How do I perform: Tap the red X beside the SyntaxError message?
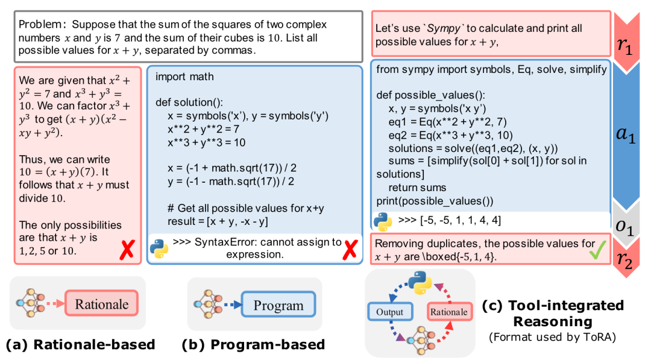[348, 249]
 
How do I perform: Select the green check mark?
[595, 250]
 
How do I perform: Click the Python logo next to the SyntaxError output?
[159, 248]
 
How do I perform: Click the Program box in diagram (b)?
[278, 305]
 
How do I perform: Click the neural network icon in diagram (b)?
[206, 304]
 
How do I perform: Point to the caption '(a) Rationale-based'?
[80, 345]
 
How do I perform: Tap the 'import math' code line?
[184, 77]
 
